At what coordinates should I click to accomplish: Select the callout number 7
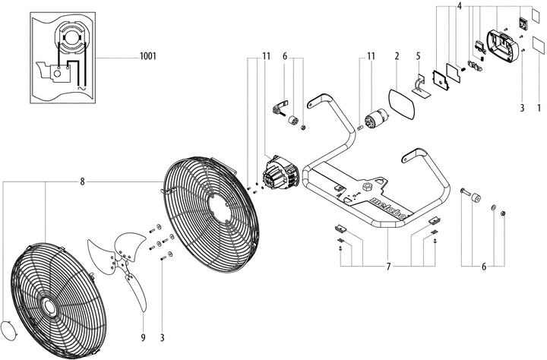(387, 266)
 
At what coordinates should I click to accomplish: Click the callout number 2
(397, 57)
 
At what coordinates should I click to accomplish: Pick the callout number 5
(419, 57)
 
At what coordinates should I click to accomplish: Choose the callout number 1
(539, 108)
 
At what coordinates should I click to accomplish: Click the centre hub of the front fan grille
(49, 305)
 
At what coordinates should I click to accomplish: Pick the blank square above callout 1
(539, 43)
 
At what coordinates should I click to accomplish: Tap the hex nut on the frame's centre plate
(368, 185)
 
